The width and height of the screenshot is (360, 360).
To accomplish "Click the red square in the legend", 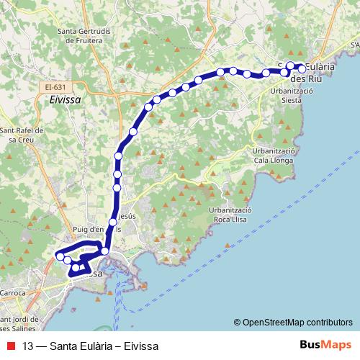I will pos(12,345).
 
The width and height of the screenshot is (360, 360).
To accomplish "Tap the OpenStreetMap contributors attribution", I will pos(296,322).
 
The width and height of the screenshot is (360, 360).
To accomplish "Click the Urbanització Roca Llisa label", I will pos(232,214).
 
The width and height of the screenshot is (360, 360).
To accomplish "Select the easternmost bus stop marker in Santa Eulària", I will pos(302,69).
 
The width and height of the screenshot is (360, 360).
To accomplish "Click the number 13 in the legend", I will pos(28,345).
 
